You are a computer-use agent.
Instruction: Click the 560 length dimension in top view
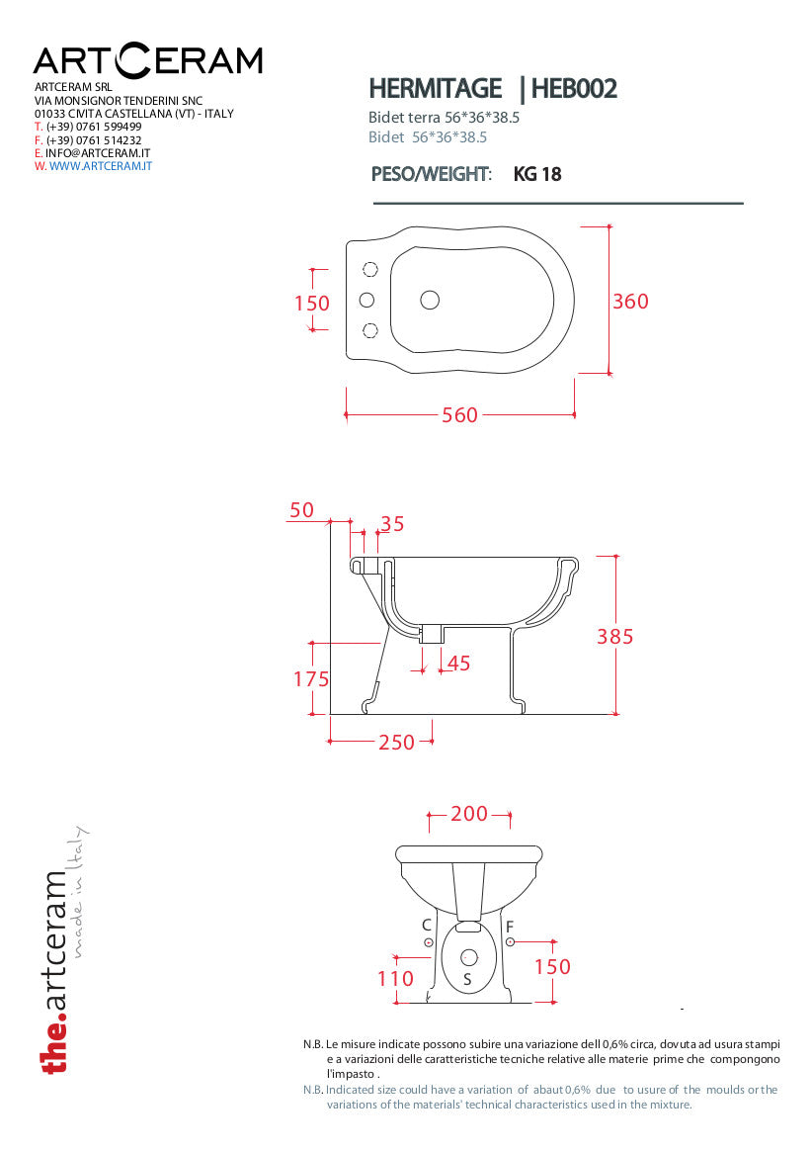pos(459,415)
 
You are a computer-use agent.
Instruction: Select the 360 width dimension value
pos(630,302)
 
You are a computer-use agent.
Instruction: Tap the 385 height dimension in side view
pos(614,637)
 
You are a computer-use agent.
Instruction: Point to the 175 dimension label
pos(310,679)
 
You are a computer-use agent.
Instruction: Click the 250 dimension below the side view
pos(396,742)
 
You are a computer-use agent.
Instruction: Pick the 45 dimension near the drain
pos(459,664)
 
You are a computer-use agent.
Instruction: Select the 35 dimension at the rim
pos(392,524)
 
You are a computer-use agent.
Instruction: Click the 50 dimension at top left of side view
pos(301,510)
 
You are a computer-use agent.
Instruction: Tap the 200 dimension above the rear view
pos(469,814)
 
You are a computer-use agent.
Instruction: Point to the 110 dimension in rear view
pos(395,979)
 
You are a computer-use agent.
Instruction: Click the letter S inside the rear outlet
pos(468,980)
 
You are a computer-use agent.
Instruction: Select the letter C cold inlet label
pos(427,926)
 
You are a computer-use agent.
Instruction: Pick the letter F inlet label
pos(510,927)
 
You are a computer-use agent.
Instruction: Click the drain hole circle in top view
pos(430,300)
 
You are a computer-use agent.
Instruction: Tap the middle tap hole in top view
pos(366,300)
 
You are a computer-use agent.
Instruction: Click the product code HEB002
pos(574,89)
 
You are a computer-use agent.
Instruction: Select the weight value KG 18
pos(537,174)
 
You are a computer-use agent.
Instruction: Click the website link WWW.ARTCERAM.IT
pos(100,166)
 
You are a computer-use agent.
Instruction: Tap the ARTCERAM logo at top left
pos(148,60)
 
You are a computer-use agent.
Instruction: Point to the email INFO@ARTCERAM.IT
pos(97,153)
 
